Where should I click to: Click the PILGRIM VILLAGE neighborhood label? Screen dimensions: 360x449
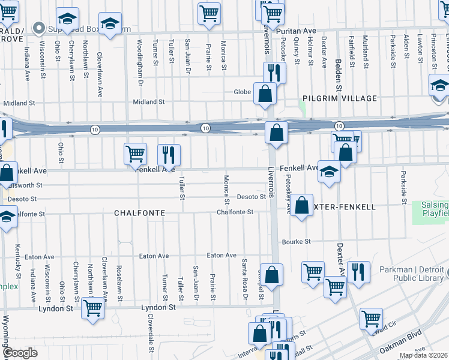pyautogui.click(x=340, y=98)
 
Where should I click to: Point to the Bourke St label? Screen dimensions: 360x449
pyautogui.click(x=296, y=242)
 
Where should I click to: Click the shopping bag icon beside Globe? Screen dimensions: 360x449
pyautogui.click(x=265, y=94)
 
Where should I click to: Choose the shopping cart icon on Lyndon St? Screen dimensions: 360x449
pyautogui.click(x=92, y=308)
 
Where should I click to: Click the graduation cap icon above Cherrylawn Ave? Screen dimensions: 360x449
pyautogui.click(x=67, y=19)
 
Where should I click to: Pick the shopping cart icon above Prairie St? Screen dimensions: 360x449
pyautogui.click(x=209, y=13)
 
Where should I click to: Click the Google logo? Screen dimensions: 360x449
pyautogui.click(x=19, y=353)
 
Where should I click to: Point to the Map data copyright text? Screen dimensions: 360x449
pyautogui.click(x=423, y=355)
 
